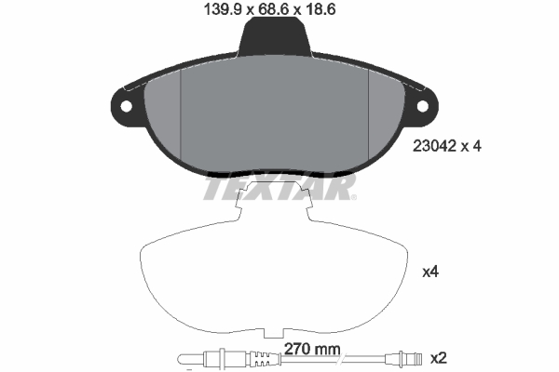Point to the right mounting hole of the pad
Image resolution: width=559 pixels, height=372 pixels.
424,104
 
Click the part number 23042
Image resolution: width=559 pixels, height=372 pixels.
433,146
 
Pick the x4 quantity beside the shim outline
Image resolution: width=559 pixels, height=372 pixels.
430,272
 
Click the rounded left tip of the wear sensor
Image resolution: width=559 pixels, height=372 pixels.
181,358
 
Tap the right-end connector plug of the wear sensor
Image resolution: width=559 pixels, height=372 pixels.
410,358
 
